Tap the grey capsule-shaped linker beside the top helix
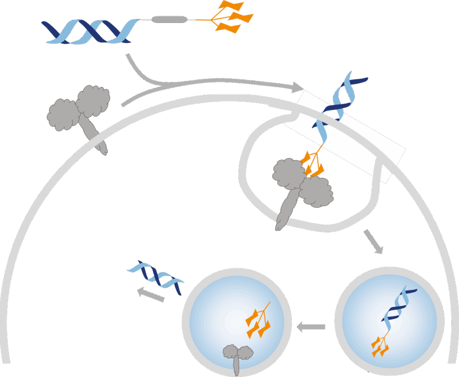click(169, 19)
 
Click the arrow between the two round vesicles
click(312, 327)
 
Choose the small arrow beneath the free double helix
click(150, 294)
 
